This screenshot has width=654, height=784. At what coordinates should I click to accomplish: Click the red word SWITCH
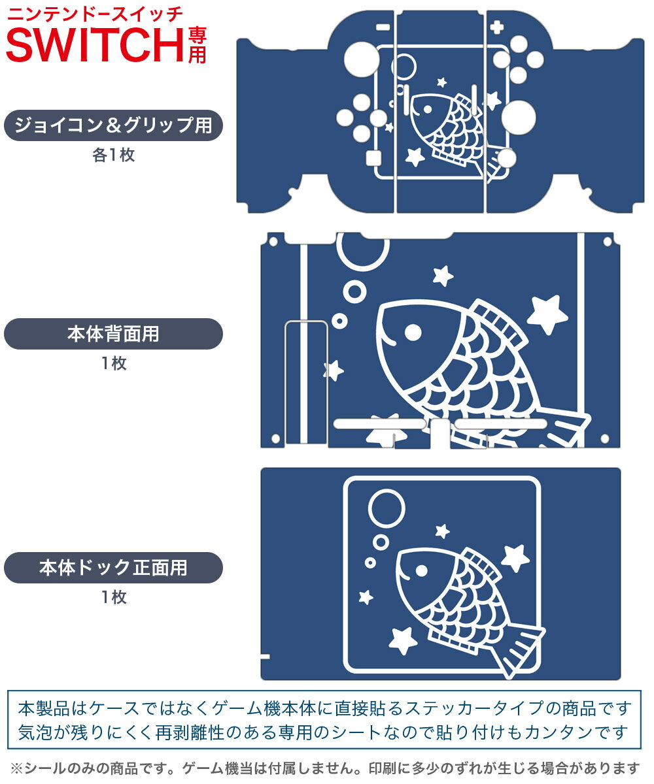pyautogui.click(x=95, y=44)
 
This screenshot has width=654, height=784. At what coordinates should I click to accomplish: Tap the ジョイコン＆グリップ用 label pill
pyautogui.click(x=113, y=125)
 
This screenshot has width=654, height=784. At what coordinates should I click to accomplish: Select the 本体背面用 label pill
pyautogui.click(x=113, y=334)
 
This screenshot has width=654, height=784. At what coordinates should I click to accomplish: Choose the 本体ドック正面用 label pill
pyautogui.click(x=113, y=568)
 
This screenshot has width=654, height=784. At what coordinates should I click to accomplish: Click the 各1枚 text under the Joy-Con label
pyautogui.click(x=114, y=155)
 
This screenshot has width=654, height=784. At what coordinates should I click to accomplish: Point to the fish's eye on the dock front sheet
pyautogui.click(x=421, y=571)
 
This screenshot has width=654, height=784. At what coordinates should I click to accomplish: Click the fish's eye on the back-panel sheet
pyautogui.click(x=413, y=333)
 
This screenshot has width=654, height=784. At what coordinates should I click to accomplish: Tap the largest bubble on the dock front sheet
pyautogui.click(x=387, y=508)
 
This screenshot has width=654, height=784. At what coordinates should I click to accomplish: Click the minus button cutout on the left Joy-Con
pyautogui.click(x=383, y=27)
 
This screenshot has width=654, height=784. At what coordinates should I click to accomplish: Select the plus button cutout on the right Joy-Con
pyautogui.click(x=496, y=27)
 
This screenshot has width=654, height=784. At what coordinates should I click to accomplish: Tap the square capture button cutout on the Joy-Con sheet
pyautogui.click(x=373, y=158)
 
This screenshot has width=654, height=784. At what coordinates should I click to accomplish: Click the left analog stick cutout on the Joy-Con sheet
pyautogui.click(x=362, y=59)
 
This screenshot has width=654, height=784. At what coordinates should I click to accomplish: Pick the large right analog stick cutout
pyautogui.click(x=519, y=118)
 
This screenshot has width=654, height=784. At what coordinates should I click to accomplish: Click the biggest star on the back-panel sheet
pyautogui.click(x=547, y=314)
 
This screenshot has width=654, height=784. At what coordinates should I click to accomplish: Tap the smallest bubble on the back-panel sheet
pyautogui.click(x=339, y=321)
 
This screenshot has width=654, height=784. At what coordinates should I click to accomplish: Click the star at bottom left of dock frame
pyautogui.click(x=403, y=641)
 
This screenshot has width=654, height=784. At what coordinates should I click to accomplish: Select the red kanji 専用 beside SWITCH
pyautogui.click(x=197, y=45)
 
